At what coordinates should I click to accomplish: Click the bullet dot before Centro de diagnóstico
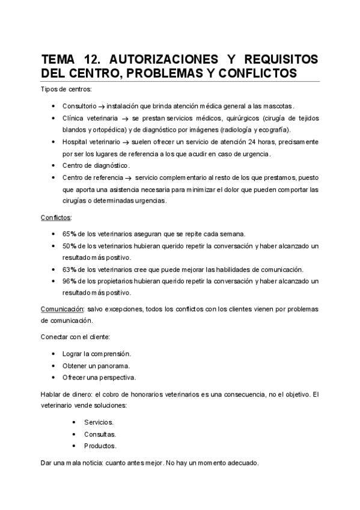55,165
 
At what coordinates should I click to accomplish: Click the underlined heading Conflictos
56,218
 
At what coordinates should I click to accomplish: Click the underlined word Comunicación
62,309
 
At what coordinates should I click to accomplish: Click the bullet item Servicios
99,422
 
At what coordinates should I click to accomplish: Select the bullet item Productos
100,446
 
